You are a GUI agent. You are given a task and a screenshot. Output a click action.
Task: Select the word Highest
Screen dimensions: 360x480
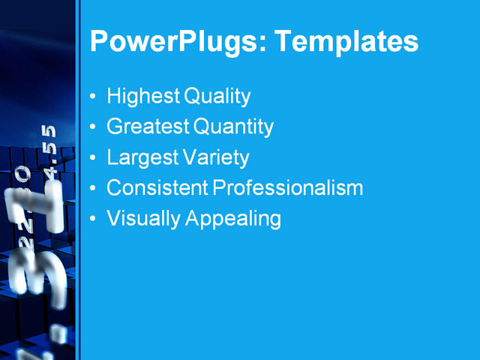[x=143, y=97]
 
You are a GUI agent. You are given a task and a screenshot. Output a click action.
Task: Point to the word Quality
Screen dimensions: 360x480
[x=217, y=97]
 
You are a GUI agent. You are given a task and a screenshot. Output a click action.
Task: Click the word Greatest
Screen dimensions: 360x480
[x=148, y=127]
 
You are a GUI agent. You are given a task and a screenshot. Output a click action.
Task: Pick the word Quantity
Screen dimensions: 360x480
[x=233, y=127]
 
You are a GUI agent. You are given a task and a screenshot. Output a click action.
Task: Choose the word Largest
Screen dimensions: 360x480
[x=142, y=158]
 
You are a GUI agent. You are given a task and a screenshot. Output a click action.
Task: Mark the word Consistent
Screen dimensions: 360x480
[x=157, y=188]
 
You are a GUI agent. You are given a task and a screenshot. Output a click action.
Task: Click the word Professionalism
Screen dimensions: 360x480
[x=288, y=188]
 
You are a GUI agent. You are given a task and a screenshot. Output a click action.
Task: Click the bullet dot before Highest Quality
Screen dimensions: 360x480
[x=92, y=97]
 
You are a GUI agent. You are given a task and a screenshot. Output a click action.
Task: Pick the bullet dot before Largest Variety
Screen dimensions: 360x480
[x=92, y=159]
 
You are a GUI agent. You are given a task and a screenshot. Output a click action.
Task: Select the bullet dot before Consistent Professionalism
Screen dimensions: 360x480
[x=92, y=189]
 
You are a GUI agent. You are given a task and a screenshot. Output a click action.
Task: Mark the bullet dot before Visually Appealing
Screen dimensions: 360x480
[x=92, y=220]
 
